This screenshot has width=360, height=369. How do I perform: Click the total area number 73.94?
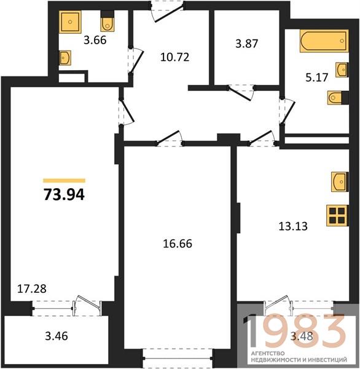[64, 195]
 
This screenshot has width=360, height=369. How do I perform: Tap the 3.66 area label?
[95, 40]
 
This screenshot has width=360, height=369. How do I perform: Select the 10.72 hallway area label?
[174, 57]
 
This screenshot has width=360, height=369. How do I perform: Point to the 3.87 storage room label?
[247, 44]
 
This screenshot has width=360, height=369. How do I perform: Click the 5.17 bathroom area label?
[317, 77]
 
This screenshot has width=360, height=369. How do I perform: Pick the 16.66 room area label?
[178, 244]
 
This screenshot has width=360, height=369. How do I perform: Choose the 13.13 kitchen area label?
[293, 226]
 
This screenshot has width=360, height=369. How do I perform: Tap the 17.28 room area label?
[32, 289]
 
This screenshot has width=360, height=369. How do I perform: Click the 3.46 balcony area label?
[57, 336]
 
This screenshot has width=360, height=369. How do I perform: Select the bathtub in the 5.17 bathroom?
[324, 41]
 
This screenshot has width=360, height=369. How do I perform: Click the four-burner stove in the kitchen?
[337, 216]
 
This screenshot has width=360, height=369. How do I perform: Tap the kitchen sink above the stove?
[340, 181]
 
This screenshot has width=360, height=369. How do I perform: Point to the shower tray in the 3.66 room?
[70, 22]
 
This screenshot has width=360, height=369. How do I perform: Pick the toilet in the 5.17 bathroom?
[338, 97]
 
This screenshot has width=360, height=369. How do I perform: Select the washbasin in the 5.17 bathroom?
[342, 69]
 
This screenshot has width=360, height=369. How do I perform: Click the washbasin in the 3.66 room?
[65, 57]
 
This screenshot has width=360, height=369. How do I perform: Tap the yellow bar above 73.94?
[64, 180]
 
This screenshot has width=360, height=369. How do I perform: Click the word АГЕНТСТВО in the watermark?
[268, 353]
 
